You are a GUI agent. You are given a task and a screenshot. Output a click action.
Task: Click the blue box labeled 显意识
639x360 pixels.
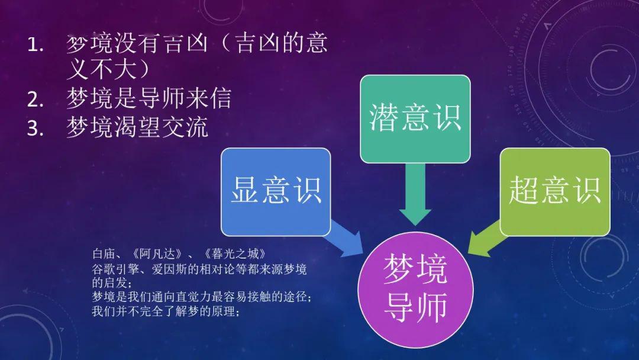[276, 192]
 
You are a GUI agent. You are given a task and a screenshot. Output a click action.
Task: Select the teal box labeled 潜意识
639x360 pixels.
[415, 119]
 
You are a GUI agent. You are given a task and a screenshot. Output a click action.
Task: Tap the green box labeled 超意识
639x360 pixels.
[554, 192]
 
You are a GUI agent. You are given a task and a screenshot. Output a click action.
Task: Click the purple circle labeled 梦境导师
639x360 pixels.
[415, 290]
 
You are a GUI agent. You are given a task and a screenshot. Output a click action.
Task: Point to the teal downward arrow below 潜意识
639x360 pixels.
[415, 194]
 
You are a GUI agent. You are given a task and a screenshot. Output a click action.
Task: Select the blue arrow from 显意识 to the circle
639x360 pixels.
[344, 239]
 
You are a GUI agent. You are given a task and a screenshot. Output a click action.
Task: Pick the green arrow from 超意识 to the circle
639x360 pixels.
[486, 239]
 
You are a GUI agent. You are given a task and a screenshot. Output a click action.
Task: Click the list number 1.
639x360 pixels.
[35, 45]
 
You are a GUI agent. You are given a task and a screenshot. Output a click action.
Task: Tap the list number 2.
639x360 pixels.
[35, 99]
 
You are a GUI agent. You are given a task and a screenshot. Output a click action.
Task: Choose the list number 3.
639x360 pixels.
[35, 128]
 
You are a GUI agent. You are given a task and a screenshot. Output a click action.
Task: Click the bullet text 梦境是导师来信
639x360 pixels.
[149, 98]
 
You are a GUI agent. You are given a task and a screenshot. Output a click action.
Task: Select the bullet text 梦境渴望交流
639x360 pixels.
[137, 127]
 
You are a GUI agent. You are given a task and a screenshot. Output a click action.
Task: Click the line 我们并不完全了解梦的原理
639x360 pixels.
[165, 312]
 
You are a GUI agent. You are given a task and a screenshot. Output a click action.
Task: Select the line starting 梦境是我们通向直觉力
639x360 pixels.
[202, 297]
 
